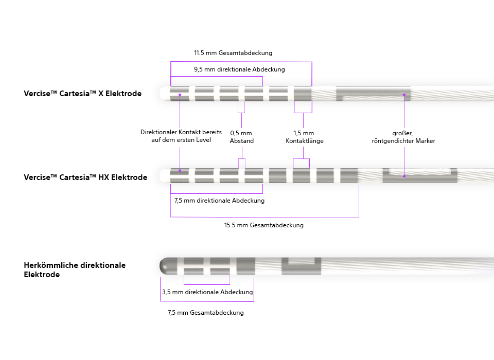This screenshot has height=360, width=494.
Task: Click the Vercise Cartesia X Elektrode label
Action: pos(82,94)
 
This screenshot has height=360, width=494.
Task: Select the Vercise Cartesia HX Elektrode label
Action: pos(85,177)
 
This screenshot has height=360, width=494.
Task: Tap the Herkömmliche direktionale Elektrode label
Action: pos(75,270)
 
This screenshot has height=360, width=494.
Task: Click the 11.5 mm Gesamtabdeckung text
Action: pos(233,53)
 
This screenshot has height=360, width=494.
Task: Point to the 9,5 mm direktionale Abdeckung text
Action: pos(239,69)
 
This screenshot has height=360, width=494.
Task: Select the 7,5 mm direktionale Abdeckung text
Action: pos(220,201)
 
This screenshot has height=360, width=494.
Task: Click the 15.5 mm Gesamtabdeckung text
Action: pos(264,225)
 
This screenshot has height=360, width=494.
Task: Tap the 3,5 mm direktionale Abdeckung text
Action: pos(207,292)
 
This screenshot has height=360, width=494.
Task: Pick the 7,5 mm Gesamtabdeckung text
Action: pos(205,313)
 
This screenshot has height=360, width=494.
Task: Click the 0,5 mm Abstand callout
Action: pos(241,137)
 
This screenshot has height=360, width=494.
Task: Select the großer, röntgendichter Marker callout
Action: pos(403,137)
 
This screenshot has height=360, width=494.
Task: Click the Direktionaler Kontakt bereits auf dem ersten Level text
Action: pos(181,136)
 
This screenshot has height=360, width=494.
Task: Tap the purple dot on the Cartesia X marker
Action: pos(404,94)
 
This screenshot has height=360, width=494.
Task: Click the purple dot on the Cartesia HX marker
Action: pos(404,176)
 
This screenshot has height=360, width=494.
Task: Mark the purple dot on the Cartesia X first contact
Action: pos(180,94)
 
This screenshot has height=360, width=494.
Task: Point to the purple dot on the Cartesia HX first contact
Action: pos(180,170)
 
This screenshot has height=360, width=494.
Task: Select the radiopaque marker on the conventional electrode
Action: pos(302,265)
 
